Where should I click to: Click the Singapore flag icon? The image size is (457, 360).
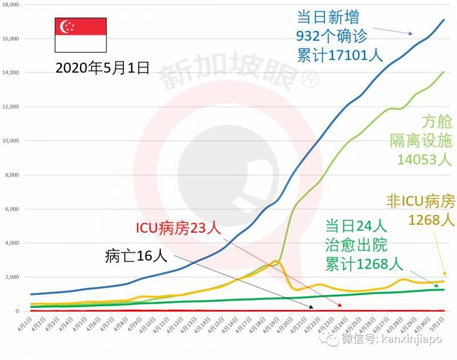(x=81, y=35)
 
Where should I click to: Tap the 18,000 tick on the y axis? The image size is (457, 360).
(x=11, y=5)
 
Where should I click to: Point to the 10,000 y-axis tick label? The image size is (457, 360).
(x=11, y=141)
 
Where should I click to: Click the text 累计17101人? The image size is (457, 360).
(x=340, y=55)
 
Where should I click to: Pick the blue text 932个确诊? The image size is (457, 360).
(x=331, y=36)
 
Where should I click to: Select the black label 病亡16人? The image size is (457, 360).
(x=136, y=256)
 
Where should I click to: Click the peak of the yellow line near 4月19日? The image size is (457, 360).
(x=276, y=261)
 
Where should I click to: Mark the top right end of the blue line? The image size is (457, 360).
(x=444, y=20)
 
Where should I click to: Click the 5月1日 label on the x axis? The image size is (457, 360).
(x=438, y=330)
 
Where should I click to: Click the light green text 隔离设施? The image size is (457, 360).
(x=422, y=140)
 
